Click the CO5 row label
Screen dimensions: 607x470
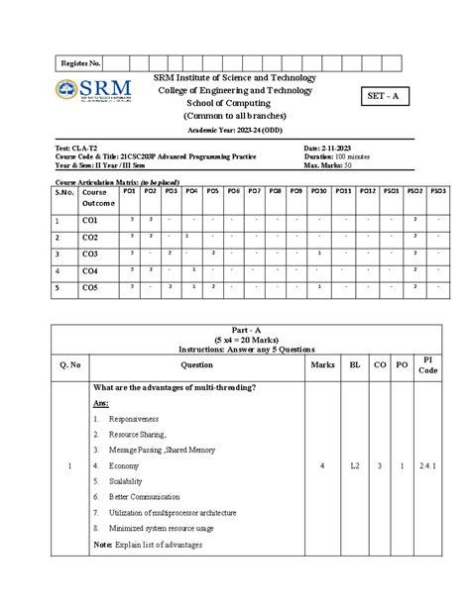[90, 287]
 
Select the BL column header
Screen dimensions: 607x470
[354, 364]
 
